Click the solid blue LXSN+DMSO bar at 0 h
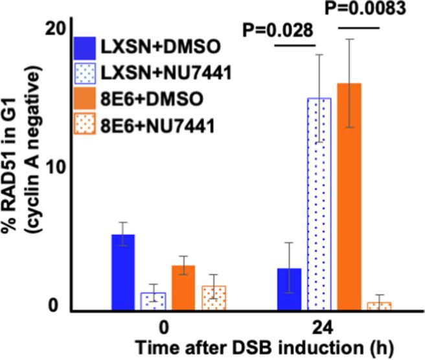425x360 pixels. tap(123, 272)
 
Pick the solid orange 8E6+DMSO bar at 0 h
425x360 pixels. tap(183, 287)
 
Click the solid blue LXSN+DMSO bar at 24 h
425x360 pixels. tap(288, 289)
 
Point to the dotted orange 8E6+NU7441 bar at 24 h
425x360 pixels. tap(379, 306)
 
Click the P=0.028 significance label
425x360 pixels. tap(278, 30)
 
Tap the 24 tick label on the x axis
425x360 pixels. tap(331, 324)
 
